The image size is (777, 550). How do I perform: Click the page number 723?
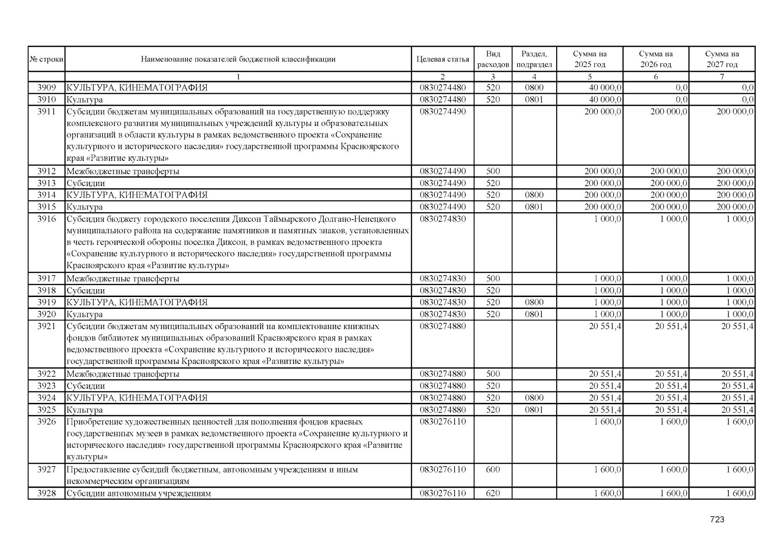coord(717,519)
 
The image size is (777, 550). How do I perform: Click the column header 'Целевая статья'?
coord(442,59)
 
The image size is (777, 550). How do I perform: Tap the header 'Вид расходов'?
coord(493,59)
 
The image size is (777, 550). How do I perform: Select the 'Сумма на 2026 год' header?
coord(656,59)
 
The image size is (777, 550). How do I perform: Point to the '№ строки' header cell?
coord(46,59)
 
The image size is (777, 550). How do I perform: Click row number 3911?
coord(46,111)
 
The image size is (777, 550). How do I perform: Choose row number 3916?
coord(46,219)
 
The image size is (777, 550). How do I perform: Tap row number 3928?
coord(46,493)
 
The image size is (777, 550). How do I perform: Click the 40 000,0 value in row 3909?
coord(605,88)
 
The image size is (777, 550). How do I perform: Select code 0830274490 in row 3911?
coord(442,111)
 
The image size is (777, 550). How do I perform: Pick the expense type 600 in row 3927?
coord(493,469)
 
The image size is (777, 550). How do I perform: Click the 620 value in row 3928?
coord(493,493)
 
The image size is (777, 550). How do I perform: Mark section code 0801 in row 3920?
coord(534,314)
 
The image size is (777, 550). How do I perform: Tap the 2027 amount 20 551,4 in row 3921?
coord(737,326)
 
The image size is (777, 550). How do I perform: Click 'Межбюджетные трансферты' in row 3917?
coord(123,279)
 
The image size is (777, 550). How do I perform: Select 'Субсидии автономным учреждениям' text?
coord(139,494)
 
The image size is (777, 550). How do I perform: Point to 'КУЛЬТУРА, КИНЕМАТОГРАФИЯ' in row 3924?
coord(137,398)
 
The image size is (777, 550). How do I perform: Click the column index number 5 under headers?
coord(590,77)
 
